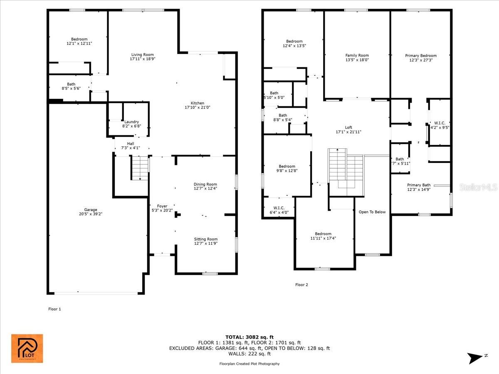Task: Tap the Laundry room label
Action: [x=132, y=122]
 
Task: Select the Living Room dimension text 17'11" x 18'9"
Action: [x=142, y=59]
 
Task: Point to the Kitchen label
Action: [x=197, y=103]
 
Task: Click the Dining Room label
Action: [x=205, y=184]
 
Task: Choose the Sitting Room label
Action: [x=205, y=239]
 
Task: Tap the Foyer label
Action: [x=162, y=206]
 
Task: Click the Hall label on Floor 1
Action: [x=131, y=143]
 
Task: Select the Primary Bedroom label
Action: [x=421, y=56]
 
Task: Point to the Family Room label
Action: [x=357, y=55]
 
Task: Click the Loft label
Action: [x=348, y=128]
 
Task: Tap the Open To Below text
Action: [x=372, y=212]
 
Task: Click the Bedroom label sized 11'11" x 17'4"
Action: [x=323, y=234]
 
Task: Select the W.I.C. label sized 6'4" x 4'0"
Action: [x=279, y=208]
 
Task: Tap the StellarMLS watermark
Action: [x=478, y=188]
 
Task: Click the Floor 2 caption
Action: [x=301, y=285]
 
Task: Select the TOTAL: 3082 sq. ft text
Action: [x=249, y=337]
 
